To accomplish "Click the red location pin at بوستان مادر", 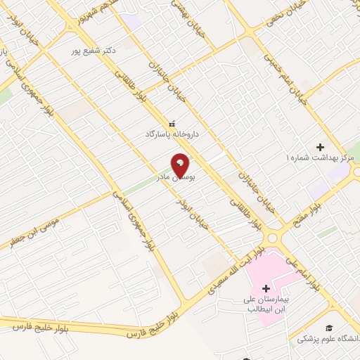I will click(x=181, y=165).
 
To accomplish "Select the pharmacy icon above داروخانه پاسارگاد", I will click(x=172, y=123).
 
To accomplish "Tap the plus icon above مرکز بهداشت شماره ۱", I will click(x=320, y=148).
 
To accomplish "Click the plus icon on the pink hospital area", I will click(x=266, y=288).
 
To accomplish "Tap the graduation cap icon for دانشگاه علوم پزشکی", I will click(x=328, y=328).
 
